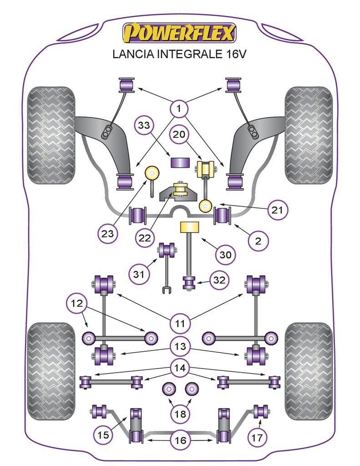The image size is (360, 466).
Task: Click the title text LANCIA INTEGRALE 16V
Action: point(179,54)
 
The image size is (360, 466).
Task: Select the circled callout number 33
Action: point(145,127)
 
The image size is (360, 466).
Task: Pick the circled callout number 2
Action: point(258,241)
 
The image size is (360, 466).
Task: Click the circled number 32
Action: point(220,280)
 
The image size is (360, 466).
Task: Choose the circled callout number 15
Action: point(104,435)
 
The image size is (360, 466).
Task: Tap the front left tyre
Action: point(51,135)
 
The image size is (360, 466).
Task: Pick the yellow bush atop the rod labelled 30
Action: point(190,227)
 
